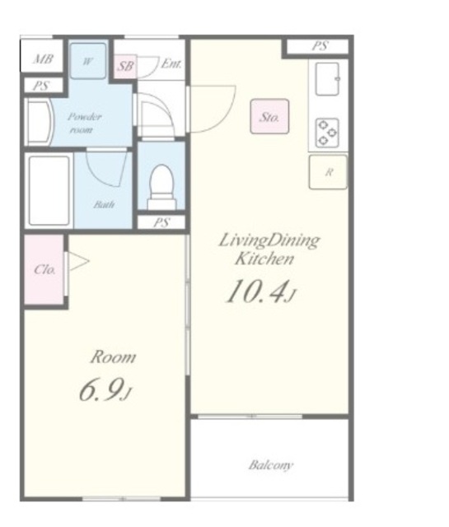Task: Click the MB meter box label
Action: point(44,59)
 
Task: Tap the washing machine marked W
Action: point(88,61)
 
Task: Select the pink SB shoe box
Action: point(125,66)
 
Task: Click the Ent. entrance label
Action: point(171,63)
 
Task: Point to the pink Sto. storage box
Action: point(269,116)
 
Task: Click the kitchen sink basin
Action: point(327,79)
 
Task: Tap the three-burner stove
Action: point(327,133)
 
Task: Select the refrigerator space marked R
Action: point(328,172)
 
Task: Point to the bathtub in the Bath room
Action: point(49,190)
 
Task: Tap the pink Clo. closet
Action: point(44,269)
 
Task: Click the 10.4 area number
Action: point(260,291)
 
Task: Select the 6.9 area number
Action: point(105,389)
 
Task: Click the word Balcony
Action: point(271,465)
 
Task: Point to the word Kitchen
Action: point(264,259)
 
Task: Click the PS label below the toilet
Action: point(161,222)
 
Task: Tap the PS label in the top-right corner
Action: point(320,46)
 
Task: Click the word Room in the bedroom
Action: point(113,357)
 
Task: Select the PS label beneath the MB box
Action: point(41,86)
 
